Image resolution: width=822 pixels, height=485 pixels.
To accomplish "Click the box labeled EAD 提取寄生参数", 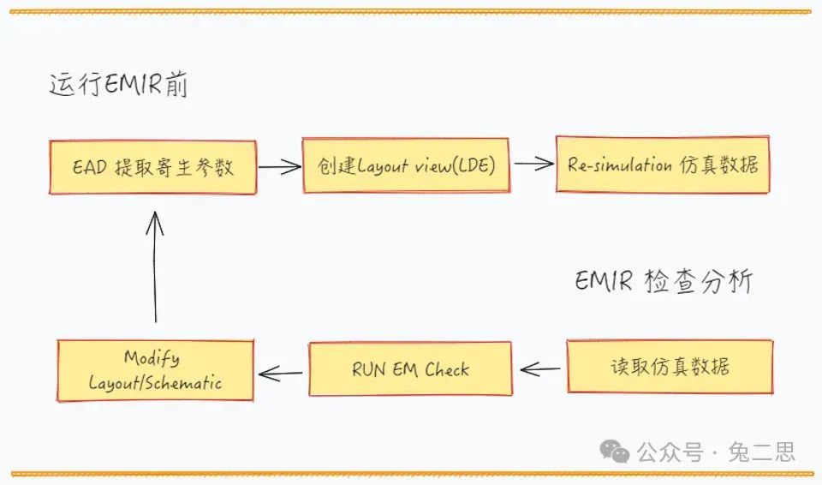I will tap(152, 167).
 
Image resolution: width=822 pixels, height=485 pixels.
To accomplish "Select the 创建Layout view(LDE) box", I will tap(408, 165).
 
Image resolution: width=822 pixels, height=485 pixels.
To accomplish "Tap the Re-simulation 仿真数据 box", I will tap(663, 165).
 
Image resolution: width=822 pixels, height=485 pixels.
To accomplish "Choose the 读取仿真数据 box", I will tap(670, 368).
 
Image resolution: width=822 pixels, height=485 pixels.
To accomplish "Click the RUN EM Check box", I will tap(410, 369).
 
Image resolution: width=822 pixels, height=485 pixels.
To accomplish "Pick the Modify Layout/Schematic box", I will tap(155, 370).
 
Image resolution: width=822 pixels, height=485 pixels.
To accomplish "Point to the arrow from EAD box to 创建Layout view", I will tap(279, 166).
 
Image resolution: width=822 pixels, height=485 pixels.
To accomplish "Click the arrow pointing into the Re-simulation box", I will tap(533, 164).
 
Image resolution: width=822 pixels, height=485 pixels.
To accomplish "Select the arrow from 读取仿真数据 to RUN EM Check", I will tap(540, 369).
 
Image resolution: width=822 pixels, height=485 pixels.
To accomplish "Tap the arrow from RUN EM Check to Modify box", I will tap(281, 372).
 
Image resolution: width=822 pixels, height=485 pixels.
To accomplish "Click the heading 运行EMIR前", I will tap(118, 87).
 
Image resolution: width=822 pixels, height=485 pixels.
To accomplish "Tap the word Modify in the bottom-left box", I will tap(152, 357).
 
